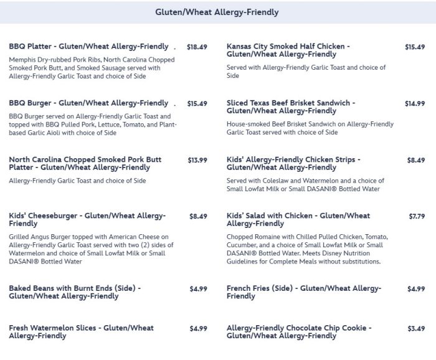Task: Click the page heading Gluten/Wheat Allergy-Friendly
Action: coord(217,12)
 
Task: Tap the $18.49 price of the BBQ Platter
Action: coord(197,47)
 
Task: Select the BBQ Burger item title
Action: coord(88,103)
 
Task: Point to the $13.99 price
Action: coord(197,160)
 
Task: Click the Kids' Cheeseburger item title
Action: coord(87,220)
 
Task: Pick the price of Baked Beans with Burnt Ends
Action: coord(197,288)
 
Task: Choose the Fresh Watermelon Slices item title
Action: coord(81,332)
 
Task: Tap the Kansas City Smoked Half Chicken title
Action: coord(288,50)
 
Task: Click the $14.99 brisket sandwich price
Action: coord(415,103)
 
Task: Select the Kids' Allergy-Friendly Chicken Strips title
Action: coord(293,164)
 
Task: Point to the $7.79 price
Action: coord(417,216)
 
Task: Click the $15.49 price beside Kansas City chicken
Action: coord(415,47)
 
